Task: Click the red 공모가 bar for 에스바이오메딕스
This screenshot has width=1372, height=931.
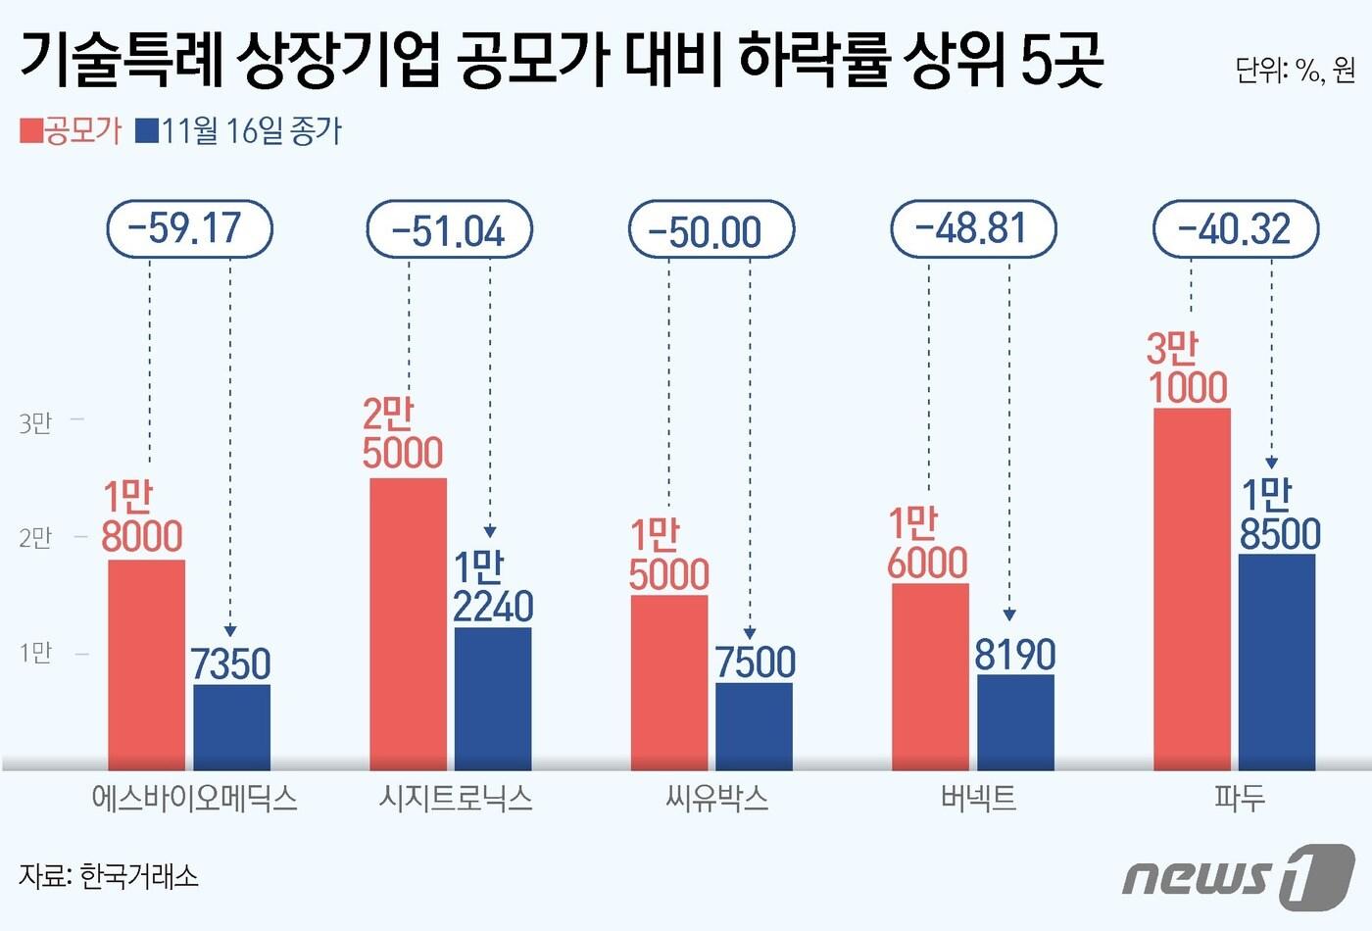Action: pyautogui.click(x=146, y=664)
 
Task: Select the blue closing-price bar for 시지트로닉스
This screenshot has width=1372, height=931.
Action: pyautogui.click(x=493, y=698)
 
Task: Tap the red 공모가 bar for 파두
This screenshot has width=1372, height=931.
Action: pyautogui.click(x=1192, y=588)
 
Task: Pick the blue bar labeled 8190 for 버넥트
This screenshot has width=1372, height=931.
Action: pyautogui.click(x=1015, y=721)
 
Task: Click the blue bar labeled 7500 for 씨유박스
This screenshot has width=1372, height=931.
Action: pyautogui.click(x=754, y=725)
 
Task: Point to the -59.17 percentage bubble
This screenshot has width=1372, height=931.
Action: pyautogui.click(x=189, y=229)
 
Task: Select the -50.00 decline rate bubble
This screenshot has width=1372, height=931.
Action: pyautogui.click(x=710, y=230)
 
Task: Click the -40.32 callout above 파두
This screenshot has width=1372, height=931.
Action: pyautogui.click(x=1236, y=229)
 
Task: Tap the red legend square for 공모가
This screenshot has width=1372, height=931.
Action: pyautogui.click(x=31, y=131)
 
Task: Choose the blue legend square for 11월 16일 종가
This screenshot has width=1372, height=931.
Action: pyautogui.click(x=147, y=131)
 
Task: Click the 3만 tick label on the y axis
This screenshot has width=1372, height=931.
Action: pyautogui.click(x=35, y=423)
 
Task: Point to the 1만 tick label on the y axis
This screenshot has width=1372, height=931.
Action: pyautogui.click(x=35, y=653)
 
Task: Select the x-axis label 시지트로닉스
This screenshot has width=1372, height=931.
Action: pyautogui.click(x=456, y=798)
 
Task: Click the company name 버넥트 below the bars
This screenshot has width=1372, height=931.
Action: pyautogui.click(x=978, y=798)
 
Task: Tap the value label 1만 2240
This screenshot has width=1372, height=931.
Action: pyautogui.click(x=492, y=587)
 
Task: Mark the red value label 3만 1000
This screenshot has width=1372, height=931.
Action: pyautogui.click(x=1187, y=368)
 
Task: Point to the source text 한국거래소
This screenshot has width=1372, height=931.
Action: pyautogui.click(x=138, y=875)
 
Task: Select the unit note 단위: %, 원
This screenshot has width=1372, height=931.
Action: pyautogui.click(x=1295, y=70)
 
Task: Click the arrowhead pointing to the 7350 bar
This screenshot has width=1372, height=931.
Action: pyautogui.click(x=230, y=631)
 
